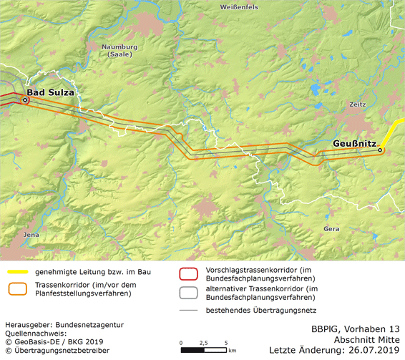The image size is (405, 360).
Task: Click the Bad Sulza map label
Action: pyautogui.click(x=50, y=92)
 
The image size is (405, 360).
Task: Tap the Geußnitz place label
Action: pyautogui.click(x=355, y=144)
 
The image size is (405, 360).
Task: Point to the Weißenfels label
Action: pyautogui.click(x=241, y=6)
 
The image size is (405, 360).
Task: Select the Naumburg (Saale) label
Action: pyautogui.click(x=124, y=52)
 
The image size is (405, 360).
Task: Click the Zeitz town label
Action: pyautogui.click(x=358, y=104)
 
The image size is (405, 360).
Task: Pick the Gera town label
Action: pyautogui.click(x=331, y=228)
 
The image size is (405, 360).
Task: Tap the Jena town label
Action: pyautogui.click(x=31, y=234)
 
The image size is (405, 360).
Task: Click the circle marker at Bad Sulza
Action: pyautogui.click(x=25, y=101)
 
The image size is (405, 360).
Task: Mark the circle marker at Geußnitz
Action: pyautogui.click(x=381, y=150)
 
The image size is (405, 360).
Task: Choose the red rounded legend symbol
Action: pyautogui.click(x=188, y=273)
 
